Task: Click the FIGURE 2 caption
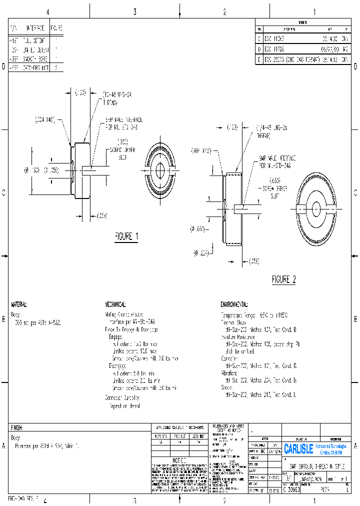283,279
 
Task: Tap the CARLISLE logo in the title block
298,448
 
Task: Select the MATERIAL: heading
19,304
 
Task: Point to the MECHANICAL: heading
115,304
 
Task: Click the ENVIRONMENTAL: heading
234,304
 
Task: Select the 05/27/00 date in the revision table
329,49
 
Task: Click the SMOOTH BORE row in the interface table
35,59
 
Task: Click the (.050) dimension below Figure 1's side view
101,215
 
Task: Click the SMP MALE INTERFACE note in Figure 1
123,123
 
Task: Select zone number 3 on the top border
134,12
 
